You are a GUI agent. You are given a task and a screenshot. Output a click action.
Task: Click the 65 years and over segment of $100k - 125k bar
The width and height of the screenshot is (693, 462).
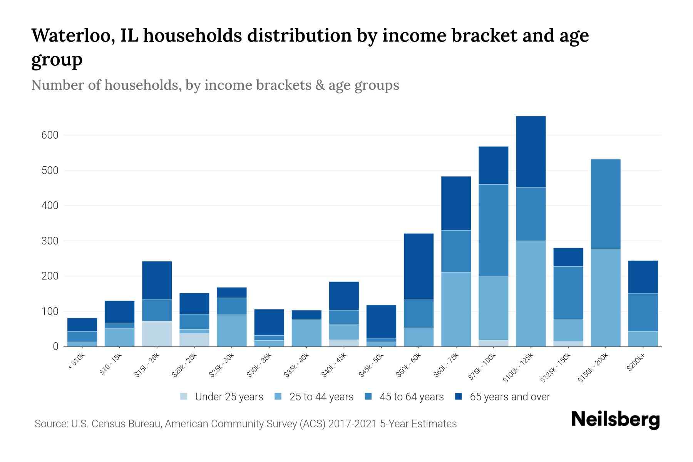point(531,152)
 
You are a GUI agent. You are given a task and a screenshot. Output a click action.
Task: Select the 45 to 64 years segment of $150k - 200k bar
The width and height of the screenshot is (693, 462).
point(605,204)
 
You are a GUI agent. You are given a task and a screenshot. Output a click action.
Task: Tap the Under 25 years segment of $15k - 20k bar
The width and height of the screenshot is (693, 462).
point(157,334)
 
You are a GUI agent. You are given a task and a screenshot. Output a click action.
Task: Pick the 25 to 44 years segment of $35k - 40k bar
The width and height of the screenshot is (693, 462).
point(306,333)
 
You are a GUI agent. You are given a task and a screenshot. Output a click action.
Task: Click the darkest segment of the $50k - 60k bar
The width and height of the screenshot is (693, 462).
point(418,266)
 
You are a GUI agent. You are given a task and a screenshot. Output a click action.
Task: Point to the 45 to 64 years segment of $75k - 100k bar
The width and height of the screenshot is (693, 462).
point(493,230)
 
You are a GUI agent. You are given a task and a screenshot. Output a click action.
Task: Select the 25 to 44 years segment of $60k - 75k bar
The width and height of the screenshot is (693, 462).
point(456,309)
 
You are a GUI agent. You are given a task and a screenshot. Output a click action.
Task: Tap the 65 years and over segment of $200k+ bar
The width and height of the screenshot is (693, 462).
point(643,277)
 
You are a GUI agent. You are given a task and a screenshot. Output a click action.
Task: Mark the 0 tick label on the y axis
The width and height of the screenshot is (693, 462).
point(55,346)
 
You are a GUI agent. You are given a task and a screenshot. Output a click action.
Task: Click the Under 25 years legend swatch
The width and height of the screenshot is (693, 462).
point(184,397)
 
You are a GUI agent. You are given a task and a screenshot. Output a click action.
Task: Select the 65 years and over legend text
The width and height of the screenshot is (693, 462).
point(510,397)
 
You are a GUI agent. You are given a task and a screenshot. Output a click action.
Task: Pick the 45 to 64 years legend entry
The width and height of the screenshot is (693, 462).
point(404,397)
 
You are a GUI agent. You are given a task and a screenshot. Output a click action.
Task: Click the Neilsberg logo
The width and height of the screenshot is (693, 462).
point(615,419)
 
